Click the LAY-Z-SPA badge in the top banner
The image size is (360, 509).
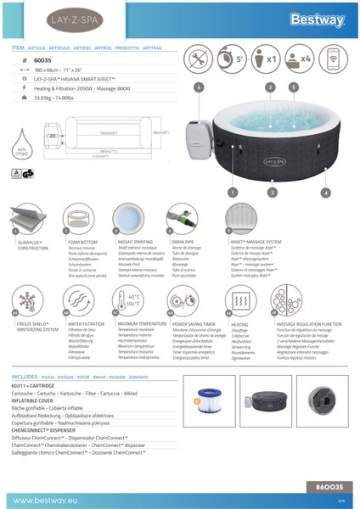(40, 18)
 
